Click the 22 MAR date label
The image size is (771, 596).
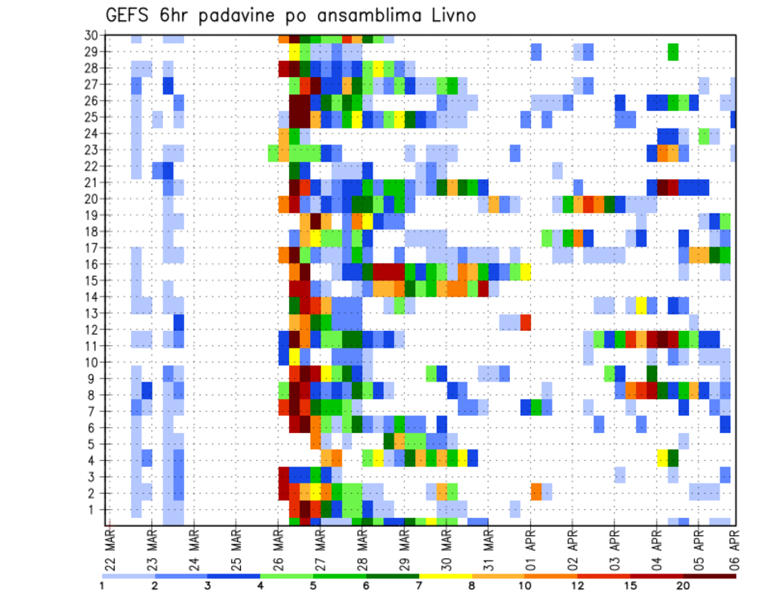(x=109, y=546)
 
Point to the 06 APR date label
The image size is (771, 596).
(x=732, y=546)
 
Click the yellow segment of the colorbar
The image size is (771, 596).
(x=446, y=575)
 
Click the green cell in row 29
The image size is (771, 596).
(x=673, y=51)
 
